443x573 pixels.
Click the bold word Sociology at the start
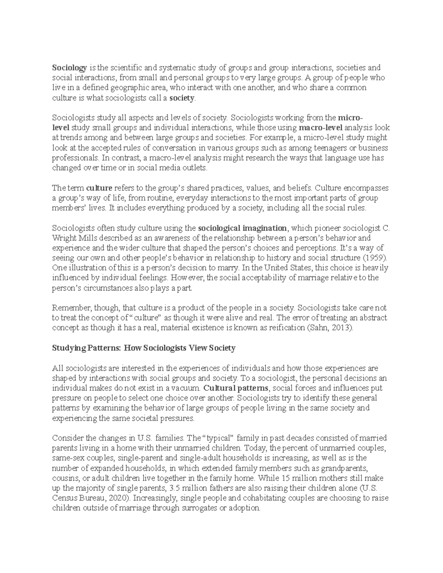[x=69, y=68]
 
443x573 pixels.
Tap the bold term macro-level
[x=321, y=128]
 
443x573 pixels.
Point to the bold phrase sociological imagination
[x=242, y=228]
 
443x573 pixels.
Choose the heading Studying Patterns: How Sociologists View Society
[x=144, y=348]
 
